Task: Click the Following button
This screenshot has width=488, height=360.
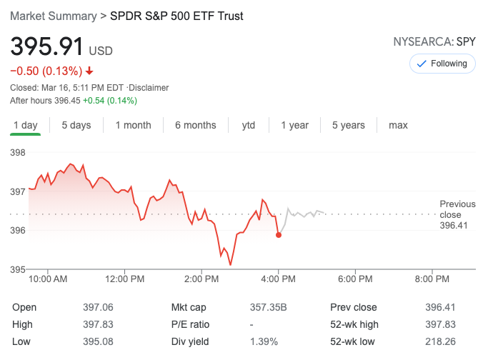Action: coord(442,64)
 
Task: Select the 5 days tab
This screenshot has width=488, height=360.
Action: coord(76,125)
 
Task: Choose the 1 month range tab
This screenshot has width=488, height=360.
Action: coord(133,125)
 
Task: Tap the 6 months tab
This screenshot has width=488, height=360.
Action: coord(195,125)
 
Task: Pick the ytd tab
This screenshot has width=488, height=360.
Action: coord(248,125)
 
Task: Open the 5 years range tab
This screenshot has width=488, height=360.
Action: coord(348,125)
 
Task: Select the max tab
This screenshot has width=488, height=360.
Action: coord(398,125)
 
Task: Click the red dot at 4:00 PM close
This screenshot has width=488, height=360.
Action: coord(278,235)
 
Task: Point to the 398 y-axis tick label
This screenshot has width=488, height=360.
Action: coord(18,153)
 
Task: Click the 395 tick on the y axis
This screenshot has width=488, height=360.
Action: coord(18,269)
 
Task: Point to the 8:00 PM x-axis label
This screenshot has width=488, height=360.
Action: coord(432,279)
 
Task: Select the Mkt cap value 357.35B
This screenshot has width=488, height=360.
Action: coord(268,307)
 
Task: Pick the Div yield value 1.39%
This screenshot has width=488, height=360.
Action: coord(264,341)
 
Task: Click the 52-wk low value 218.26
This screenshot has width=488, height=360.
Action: coord(440,341)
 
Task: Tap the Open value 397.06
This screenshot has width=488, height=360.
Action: coord(99,307)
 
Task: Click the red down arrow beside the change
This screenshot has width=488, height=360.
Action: coord(89,71)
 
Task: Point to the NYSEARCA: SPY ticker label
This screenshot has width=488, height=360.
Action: coord(434,41)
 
